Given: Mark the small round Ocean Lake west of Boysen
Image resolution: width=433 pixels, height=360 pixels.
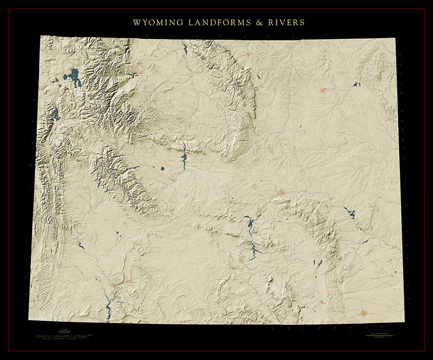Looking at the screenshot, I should tap(162, 168).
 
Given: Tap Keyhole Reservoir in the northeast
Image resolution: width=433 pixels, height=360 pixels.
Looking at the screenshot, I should tap(357, 84).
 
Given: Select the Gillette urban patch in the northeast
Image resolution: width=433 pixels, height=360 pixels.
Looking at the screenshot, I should tap(323, 90).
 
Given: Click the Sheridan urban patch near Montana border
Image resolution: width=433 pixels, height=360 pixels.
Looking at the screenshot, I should tap(249, 54).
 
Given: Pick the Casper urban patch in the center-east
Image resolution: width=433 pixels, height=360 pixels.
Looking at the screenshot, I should tap(281, 193).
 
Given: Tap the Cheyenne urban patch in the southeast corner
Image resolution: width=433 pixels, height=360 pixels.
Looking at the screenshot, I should tap(364, 313).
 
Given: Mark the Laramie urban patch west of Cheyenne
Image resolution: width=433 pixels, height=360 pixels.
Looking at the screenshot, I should tap(321, 302).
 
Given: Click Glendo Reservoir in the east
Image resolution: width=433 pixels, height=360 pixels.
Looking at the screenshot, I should tap(350, 213).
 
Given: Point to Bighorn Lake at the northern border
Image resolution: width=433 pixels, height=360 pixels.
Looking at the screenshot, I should tap(185, 48).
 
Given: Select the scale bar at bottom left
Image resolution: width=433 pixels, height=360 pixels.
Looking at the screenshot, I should tap(63, 336).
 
